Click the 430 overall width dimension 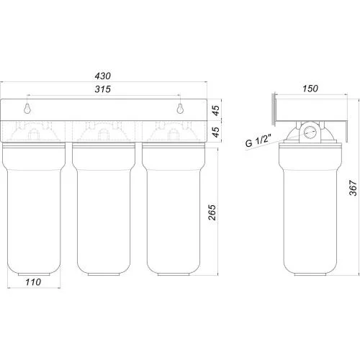pyautogui.click(x=103, y=76)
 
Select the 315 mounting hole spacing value pyautogui.click(x=103, y=89)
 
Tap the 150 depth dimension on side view pyautogui.click(x=310, y=89)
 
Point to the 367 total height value pyautogui.click(x=353, y=188)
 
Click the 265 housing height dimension pyautogui.click(x=212, y=212)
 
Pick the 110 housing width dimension pyautogui.click(x=33, y=282)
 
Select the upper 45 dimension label pyautogui.click(x=216, y=110)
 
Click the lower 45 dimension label pyautogui.click(x=216, y=132)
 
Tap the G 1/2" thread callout pyautogui.click(x=258, y=140)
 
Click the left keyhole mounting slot pyautogui.click(x=27, y=109)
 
